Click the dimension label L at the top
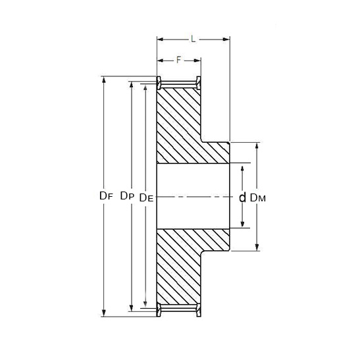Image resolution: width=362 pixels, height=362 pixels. [194, 39]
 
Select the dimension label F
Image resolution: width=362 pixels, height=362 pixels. [178, 61]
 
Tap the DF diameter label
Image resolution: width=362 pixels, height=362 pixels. [106, 196]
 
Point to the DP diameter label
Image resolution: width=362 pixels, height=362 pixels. [127, 196]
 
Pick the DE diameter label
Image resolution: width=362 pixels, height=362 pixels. [146, 198]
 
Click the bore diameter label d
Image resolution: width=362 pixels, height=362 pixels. [242, 197]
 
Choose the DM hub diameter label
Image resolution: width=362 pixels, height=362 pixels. [258, 198]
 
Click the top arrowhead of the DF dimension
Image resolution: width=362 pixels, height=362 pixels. [103, 80]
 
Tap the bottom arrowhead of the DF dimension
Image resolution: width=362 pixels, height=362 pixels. [103, 313]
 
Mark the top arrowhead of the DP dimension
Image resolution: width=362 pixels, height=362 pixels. [132, 85]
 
